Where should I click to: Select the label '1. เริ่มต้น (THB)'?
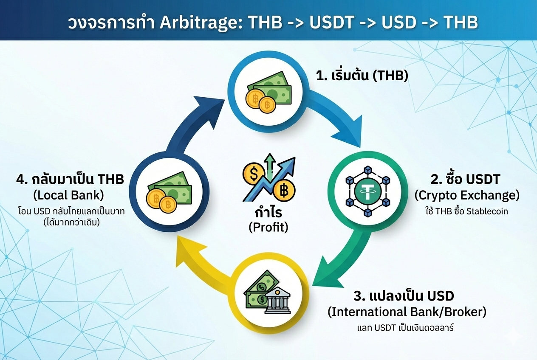[x=362, y=76]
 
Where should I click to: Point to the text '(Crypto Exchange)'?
[x=467, y=196]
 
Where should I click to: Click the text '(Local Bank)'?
[x=68, y=195]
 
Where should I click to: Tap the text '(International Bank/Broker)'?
[x=407, y=312]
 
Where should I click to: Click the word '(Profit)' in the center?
[x=268, y=227]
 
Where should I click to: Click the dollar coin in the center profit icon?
[x=254, y=173]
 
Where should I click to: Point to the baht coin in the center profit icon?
[x=284, y=191]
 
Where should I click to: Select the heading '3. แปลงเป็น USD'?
[x=404, y=296]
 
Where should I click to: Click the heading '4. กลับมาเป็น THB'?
[x=70, y=180]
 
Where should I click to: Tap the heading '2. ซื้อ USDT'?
[x=466, y=180]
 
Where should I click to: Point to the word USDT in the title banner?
[x=332, y=23]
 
